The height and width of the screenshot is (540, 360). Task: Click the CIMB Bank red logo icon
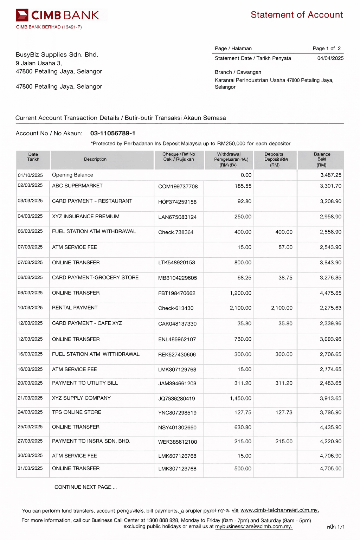(x=22, y=15)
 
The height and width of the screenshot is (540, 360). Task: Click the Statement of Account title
(x=297, y=15)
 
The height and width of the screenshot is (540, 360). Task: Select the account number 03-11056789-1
(x=112, y=133)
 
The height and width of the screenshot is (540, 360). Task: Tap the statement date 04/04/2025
(x=330, y=58)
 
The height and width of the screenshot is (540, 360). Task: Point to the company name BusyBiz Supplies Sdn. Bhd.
(x=57, y=54)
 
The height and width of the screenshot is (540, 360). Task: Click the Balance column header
(x=322, y=160)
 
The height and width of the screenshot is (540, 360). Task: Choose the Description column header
(x=95, y=159)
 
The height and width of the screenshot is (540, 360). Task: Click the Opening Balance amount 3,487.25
(x=330, y=175)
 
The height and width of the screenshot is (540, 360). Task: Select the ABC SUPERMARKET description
(x=77, y=186)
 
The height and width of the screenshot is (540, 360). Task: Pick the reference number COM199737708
(x=178, y=186)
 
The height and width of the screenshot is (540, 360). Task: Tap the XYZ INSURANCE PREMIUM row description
(x=86, y=217)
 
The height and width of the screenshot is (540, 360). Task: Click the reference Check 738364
(x=176, y=232)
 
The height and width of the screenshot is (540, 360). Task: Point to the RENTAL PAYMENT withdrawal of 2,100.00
(x=240, y=308)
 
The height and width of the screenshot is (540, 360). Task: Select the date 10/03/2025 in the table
(x=30, y=308)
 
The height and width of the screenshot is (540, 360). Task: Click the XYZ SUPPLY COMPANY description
(x=81, y=398)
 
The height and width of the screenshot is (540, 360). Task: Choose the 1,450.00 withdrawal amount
(x=240, y=398)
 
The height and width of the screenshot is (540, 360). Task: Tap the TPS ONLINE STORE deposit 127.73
(x=284, y=412)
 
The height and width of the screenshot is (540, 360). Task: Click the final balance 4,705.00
(x=330, y=469)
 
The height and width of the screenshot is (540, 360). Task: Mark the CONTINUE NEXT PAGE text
(x=85, y=487)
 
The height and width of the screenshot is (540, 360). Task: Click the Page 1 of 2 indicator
(x=327, y=49)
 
